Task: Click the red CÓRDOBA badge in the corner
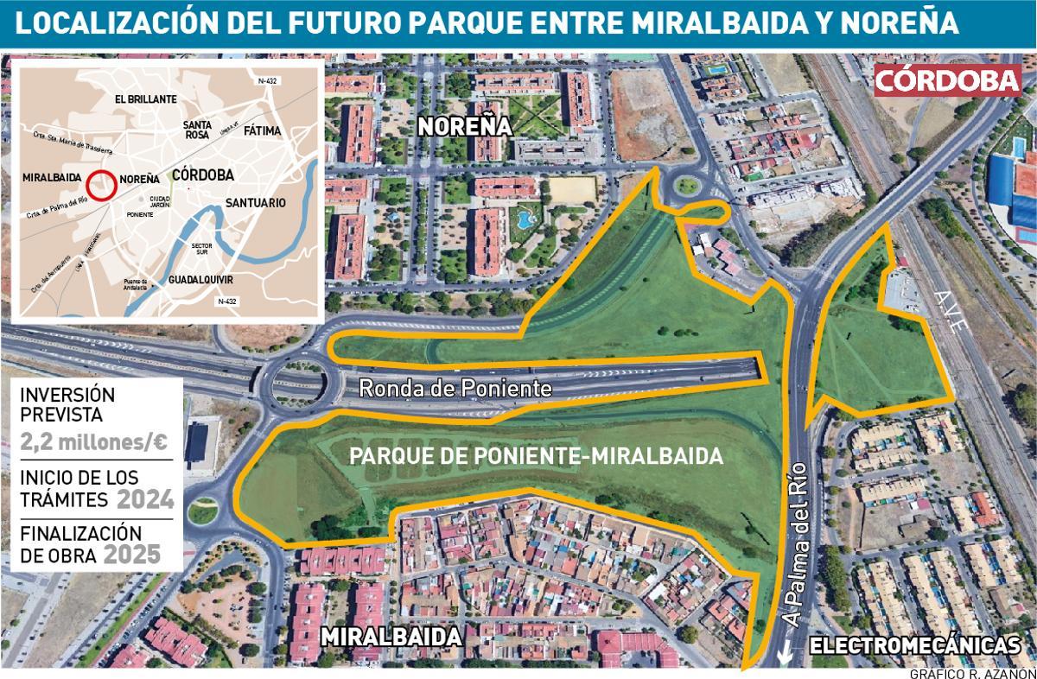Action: (948, 80)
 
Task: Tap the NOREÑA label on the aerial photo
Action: (465, 126)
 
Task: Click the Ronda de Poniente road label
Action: (455, 389)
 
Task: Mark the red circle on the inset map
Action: (101, 185)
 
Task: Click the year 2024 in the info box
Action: (145, 499)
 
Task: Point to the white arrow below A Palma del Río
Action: (784, 660)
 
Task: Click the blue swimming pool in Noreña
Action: (525, 219)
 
